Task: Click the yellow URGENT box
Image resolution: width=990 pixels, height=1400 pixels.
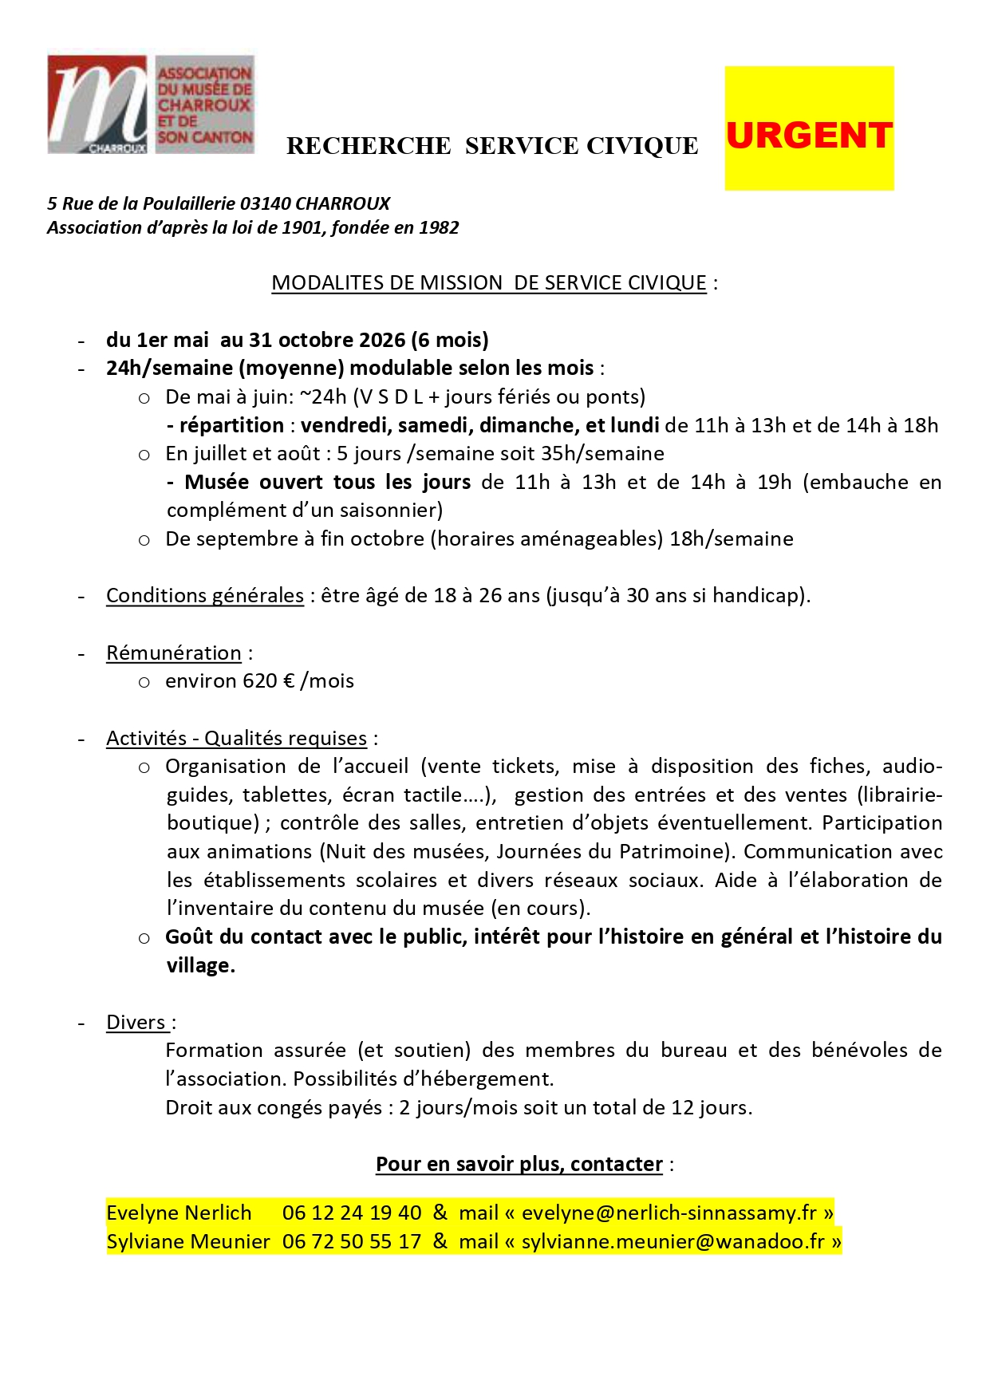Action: pyautogui.click(x=808, y=128)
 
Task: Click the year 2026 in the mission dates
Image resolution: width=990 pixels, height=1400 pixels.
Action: pyautogui.click(x=382, y=340)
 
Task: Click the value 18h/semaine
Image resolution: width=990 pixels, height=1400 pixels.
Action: pyautogui.click(x=732, y=538)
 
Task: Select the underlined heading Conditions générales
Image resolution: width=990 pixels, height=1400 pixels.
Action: pyautogui.click(x=205, y=596)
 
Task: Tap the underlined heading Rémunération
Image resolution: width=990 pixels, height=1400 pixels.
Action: pyautogui.click(x=174, y=653)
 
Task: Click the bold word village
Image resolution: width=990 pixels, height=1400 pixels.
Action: pyautogui.click(x=199, y=965)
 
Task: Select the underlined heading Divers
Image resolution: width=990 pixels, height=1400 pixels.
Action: pyautogui.click(x=136, y=1023)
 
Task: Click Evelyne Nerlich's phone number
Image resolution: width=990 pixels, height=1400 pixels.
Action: pyautogui.click(x=352, y=1213)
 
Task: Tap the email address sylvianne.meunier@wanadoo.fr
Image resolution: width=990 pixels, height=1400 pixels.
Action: pyautogui.click(x=673, y=1242)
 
